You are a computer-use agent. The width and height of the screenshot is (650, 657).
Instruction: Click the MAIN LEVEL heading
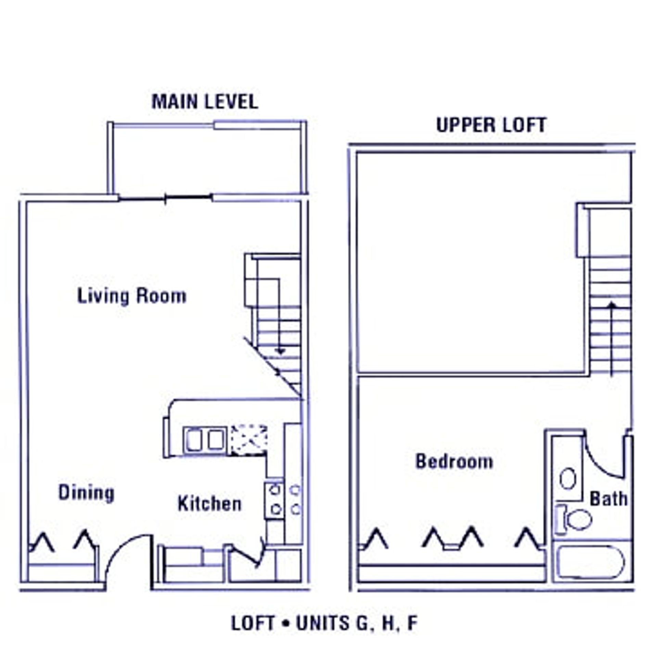click(205, 102)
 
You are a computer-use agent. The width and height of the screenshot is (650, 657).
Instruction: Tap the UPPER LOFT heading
click(491, 125)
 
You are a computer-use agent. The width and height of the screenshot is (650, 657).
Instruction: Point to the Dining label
click(86, 493)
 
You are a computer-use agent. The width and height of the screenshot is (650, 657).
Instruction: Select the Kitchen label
click(209, 504)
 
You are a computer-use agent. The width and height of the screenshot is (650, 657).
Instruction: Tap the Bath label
click(609, 499)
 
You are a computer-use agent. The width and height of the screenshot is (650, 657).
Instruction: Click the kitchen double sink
click(205, 440)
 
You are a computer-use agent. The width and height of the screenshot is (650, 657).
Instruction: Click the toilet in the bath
click(573, 519)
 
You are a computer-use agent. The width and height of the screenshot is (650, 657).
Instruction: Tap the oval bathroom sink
click(568, 478)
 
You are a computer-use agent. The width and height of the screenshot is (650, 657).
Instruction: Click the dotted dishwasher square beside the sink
click(248, 440)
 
